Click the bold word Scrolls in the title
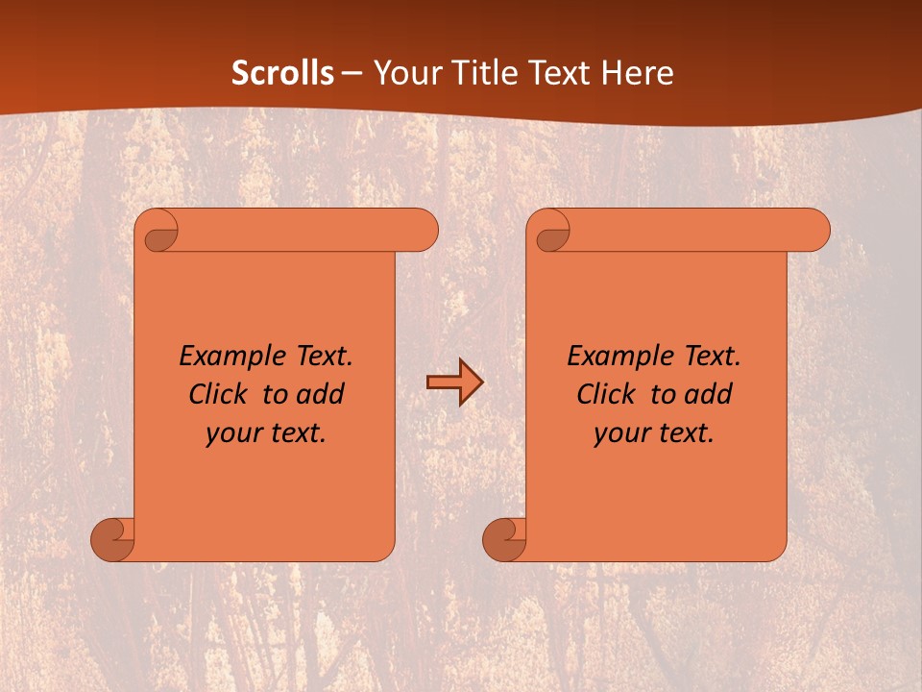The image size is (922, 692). pos(283,72)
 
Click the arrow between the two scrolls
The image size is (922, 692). pos(454,382)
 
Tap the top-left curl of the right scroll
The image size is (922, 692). pos(552,233)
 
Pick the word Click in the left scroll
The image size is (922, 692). pos(219,394)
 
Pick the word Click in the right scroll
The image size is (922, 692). pos(607,394)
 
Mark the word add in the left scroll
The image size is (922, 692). pos(321,394)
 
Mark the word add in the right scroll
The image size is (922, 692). pos(709,394)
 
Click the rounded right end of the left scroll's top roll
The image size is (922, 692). pos(423,231)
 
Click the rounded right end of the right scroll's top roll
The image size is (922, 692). pos(814,231)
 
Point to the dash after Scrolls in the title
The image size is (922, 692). pos(353,73)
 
